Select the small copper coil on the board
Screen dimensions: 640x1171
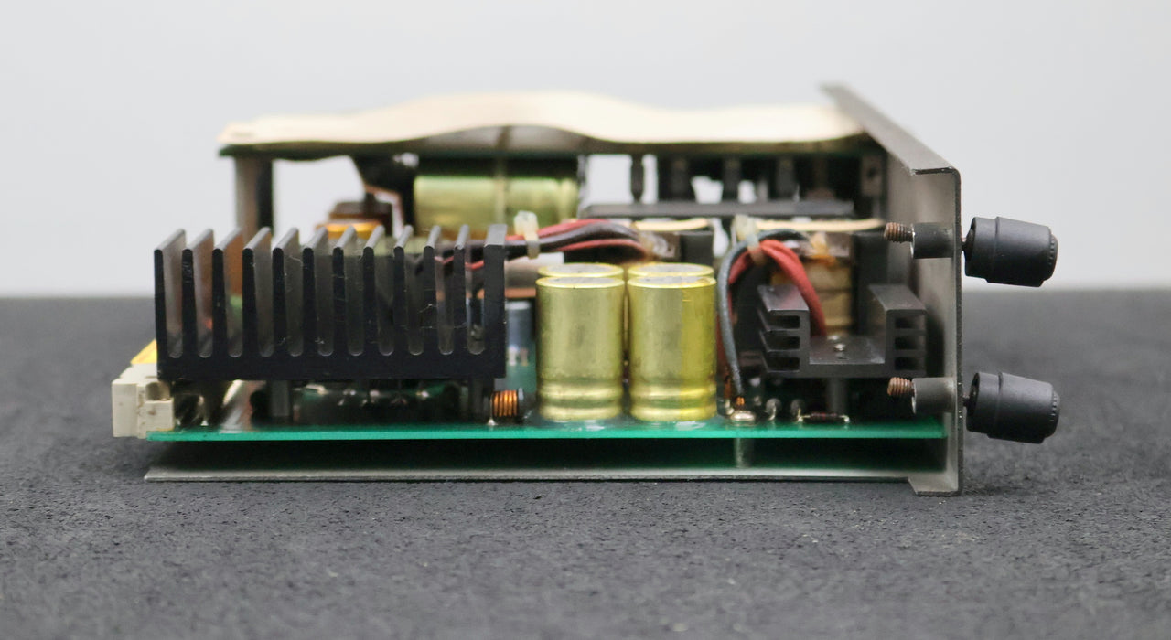[x=507, y=405]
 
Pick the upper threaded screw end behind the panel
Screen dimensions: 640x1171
[x=898, y=233]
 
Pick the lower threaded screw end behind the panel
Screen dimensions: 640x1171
[x=900, y=388]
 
